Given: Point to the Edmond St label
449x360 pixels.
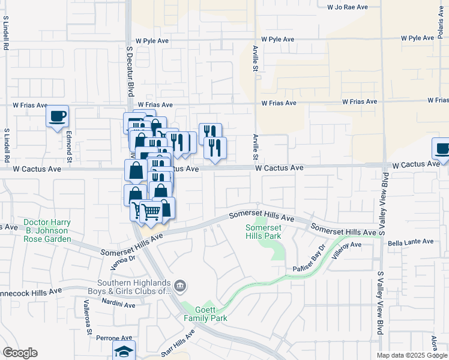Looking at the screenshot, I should [x=70, y=147].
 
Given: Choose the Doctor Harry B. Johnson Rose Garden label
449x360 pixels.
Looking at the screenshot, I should [x=47, y=230].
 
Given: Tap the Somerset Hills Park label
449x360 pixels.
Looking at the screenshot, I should [x=264, y=231].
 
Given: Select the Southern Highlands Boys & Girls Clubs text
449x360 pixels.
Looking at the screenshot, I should [x=136, y=287].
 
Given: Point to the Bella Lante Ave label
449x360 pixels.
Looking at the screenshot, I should [x=410, y=242].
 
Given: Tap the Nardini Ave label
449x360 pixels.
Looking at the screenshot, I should [x=118, y=305].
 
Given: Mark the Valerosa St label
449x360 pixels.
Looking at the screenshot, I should [x=88, y=319].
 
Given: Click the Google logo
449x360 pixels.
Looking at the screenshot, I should [x=20, y=353].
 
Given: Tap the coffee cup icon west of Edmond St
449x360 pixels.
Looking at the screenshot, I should [x=58, y=116].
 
